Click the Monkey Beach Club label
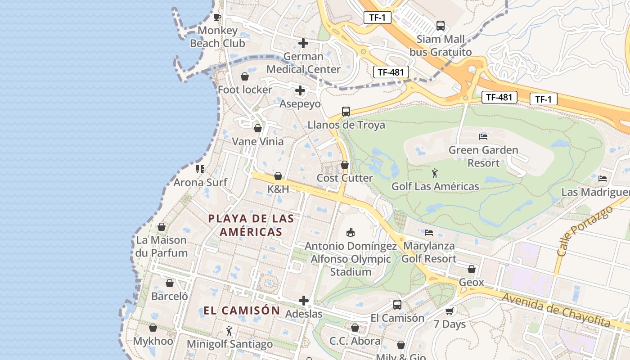pos(217,37)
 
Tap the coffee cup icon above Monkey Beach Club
pos(217,18)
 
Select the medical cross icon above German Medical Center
pos(303,43)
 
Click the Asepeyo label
pos(300,104)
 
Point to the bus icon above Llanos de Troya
pos(346,112)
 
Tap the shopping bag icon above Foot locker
pos(245,76)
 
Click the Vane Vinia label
pos(258,141)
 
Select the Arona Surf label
pos(200,182)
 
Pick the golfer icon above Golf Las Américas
pos(435,173)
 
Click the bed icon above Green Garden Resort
pos(483,136)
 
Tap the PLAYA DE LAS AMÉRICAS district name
pos(251,225)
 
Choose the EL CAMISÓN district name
pos(242,310)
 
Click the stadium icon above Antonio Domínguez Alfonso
pos(350,233)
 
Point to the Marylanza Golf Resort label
pos(429,252)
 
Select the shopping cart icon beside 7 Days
pos(449,311)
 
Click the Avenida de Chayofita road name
pos(556,310)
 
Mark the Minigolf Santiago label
pos(229,344)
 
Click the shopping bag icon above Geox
pos(471,269)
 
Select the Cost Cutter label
pos(345,178)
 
